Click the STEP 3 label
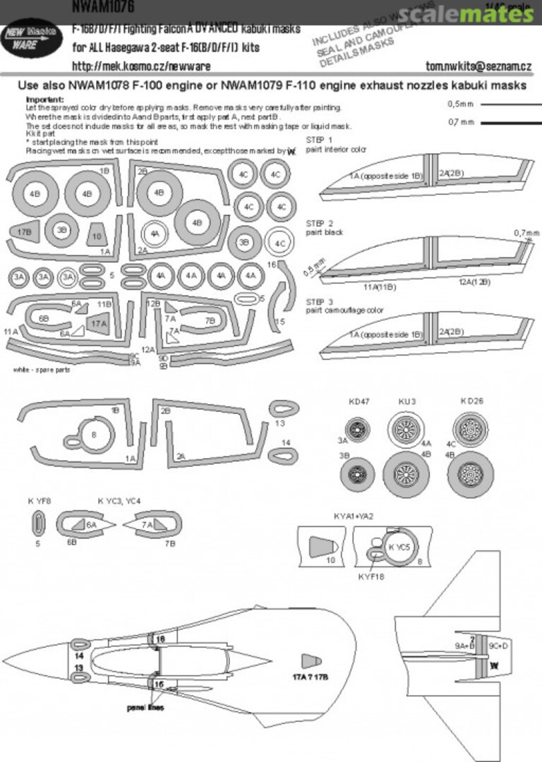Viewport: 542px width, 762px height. click(x=320, y=301)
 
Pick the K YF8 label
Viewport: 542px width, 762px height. click(x=40, y=502)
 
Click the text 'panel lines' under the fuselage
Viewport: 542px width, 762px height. click(x=146, y=706)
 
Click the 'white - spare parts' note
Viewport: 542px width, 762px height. click(x=42, y=370)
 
